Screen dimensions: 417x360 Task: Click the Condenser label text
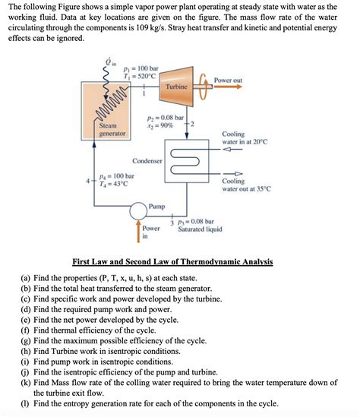147,161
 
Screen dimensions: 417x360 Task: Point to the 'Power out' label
228,80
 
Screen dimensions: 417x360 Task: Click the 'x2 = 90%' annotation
161,125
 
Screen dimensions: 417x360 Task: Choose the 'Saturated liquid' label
201,229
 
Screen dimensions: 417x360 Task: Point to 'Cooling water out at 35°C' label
243,186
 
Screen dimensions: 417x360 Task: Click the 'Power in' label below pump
151,232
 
